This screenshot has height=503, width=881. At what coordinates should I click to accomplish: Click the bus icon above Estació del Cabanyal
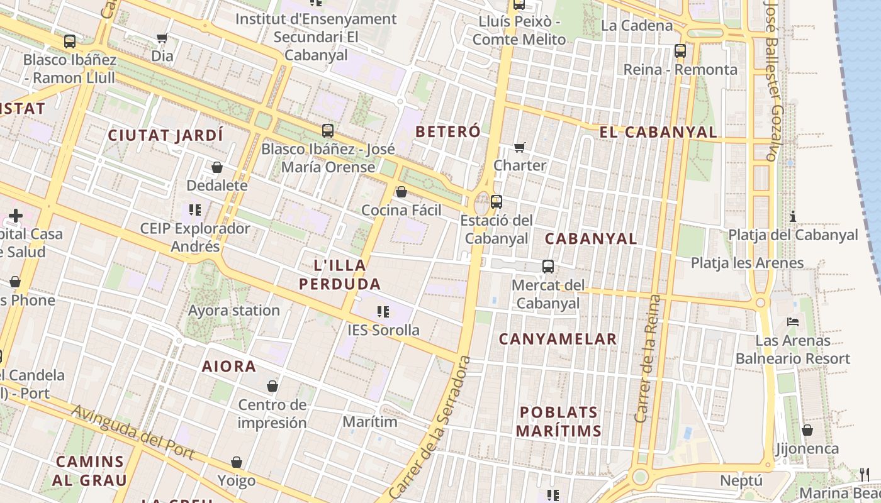tap(497, 202)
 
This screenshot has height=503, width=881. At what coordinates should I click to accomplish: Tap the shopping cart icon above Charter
tap(520, 148)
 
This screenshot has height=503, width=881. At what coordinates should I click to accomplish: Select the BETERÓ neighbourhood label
tap(448, 131)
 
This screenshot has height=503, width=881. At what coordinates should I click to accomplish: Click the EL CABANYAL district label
tap(658, 132)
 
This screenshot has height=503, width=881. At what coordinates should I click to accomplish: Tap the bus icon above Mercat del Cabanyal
tap(548, 267)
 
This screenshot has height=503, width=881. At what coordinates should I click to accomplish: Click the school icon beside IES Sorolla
tap(383, 311)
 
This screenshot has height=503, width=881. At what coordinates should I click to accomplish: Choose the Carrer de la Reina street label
tap(648, 358)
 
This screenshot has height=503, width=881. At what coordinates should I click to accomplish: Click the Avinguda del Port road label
tap(132, 433)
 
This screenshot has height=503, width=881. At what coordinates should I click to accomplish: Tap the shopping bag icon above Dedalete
tap(217, 167)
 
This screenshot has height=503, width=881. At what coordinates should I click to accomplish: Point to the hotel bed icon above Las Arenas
tap(793, 322)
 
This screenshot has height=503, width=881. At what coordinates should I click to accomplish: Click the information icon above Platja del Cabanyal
tap(793, 217)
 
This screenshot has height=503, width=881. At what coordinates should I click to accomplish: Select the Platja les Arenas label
tap(748, 263)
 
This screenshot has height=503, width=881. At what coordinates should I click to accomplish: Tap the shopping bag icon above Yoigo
tap(237, 463)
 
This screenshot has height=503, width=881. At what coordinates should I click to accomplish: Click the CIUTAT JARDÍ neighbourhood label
tap(166, 135)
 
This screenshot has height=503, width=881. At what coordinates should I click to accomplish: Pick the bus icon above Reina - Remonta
tap(680, 51)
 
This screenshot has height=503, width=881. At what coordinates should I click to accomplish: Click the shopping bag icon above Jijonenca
tap(807, 431)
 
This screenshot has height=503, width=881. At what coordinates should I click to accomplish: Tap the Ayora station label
tap(234, 311)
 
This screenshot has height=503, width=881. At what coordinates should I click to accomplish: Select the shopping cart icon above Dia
tap(162, 38)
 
